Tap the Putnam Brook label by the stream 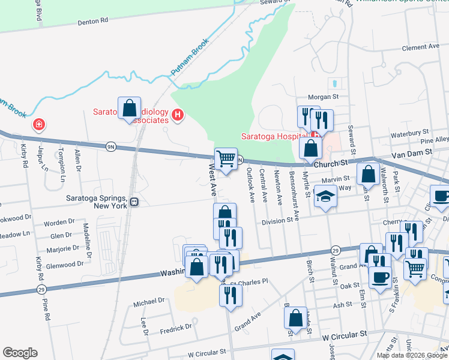pyautogui.click(x=190, y=58)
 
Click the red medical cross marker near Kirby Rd pyautogui.click(x=39, y=124)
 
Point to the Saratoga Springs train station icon pyautogui.click(x=134, y=202)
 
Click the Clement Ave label pyautogui.click(x=421, y=47)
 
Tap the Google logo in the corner pyautogui.click(x=20, y=353)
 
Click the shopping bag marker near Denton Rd pyautogui.click(x=129, y=108)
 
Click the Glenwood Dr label pyautogui.click(x=64, y=264)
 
